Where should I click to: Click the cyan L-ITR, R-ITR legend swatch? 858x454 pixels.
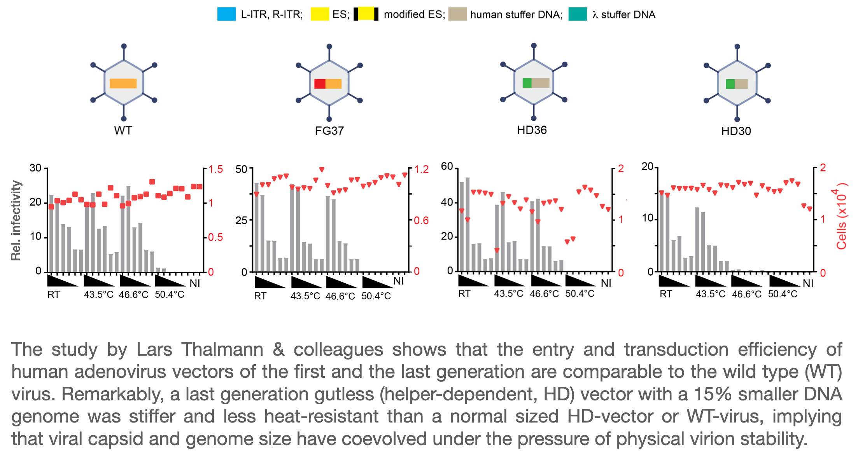click(x=226, y=14)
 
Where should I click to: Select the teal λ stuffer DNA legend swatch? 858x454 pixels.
click(x=577, y=14)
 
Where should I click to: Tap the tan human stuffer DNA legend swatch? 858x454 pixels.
click(x=457, y=14)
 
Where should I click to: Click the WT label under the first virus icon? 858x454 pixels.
click(x=123, y=131)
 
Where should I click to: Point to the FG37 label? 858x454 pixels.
click(x=329, y=131)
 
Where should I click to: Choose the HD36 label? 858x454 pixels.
click(x=532, y=130)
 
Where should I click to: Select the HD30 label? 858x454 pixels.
click(x=736, y=131)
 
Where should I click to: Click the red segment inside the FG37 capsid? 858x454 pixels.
click(x=320, y=84)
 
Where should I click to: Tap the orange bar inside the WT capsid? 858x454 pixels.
click(x=123, y=83)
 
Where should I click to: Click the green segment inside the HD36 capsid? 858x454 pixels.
click(x=527, y=83)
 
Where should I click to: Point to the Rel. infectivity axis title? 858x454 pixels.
click(x=16, y=220)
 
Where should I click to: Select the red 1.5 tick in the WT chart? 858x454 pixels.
click(x=215, y=169)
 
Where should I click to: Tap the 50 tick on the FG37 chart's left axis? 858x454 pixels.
click(x=241, y=169)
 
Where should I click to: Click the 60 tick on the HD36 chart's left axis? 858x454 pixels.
click(x=447, y=167)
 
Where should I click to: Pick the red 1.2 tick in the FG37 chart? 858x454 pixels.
click(x=422, y=169)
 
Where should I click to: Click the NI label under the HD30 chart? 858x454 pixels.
click(x=808, y=284)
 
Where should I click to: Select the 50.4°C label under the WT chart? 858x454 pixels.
click(x=170, y=295)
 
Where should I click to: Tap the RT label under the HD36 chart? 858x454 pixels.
click(x=464, y=293)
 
